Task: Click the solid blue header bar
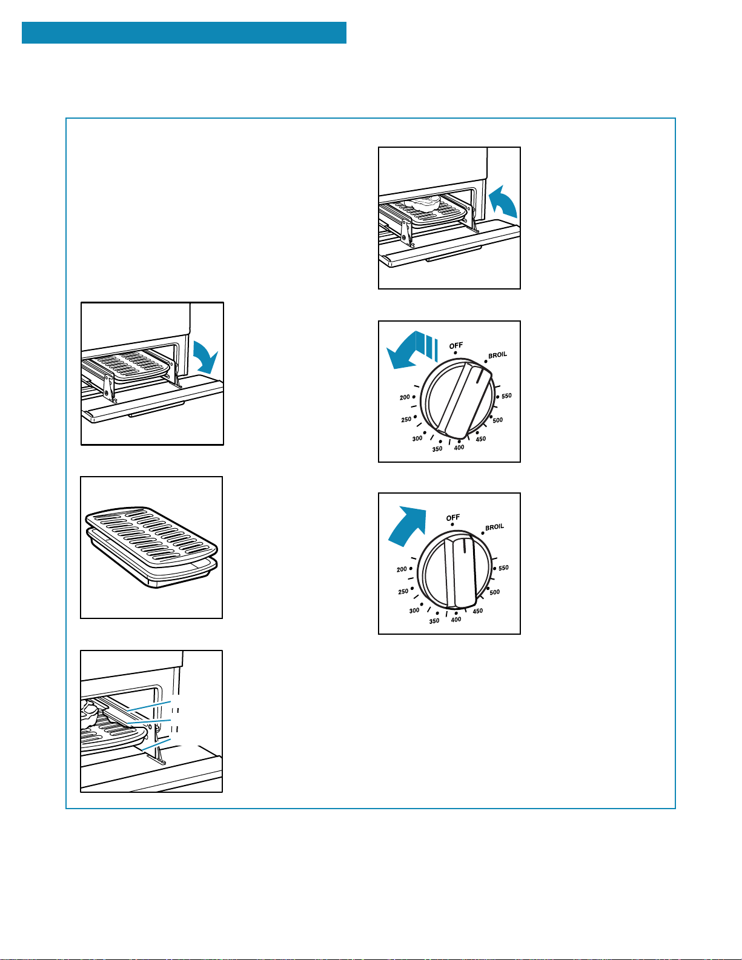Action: coord(184,33)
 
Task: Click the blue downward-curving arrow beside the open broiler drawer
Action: coord(205,357)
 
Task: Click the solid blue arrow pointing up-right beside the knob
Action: coord(407,526)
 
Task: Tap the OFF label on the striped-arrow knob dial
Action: coord(455,345)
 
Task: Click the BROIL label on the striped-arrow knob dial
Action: coord(497,355)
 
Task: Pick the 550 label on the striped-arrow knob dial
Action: coord(506,396)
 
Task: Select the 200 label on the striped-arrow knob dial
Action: coord(405,397)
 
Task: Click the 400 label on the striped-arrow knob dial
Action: coord(459,448)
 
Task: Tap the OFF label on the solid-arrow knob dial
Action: coord(452,518)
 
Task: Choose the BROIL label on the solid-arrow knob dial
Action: coord(494,527)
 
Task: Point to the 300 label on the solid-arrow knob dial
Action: coord(414,611)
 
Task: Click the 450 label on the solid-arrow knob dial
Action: coord(477,611)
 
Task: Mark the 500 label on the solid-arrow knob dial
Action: coord(495,592)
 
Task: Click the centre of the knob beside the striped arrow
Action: coord(457,397)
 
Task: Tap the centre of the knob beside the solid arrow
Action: coord(454,569)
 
